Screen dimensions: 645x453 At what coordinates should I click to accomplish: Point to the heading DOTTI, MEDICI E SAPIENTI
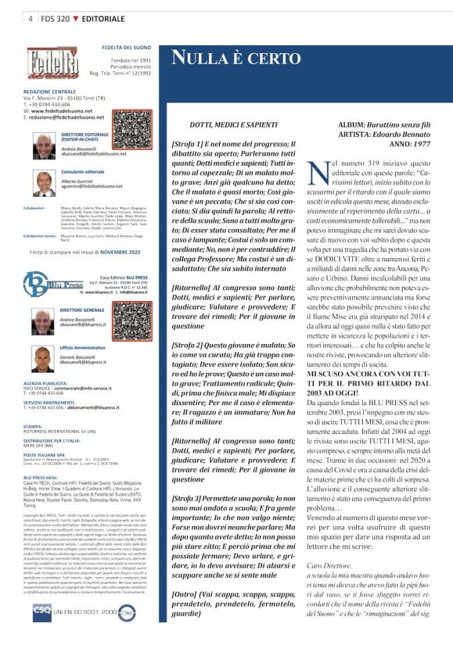coord(235,125)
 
